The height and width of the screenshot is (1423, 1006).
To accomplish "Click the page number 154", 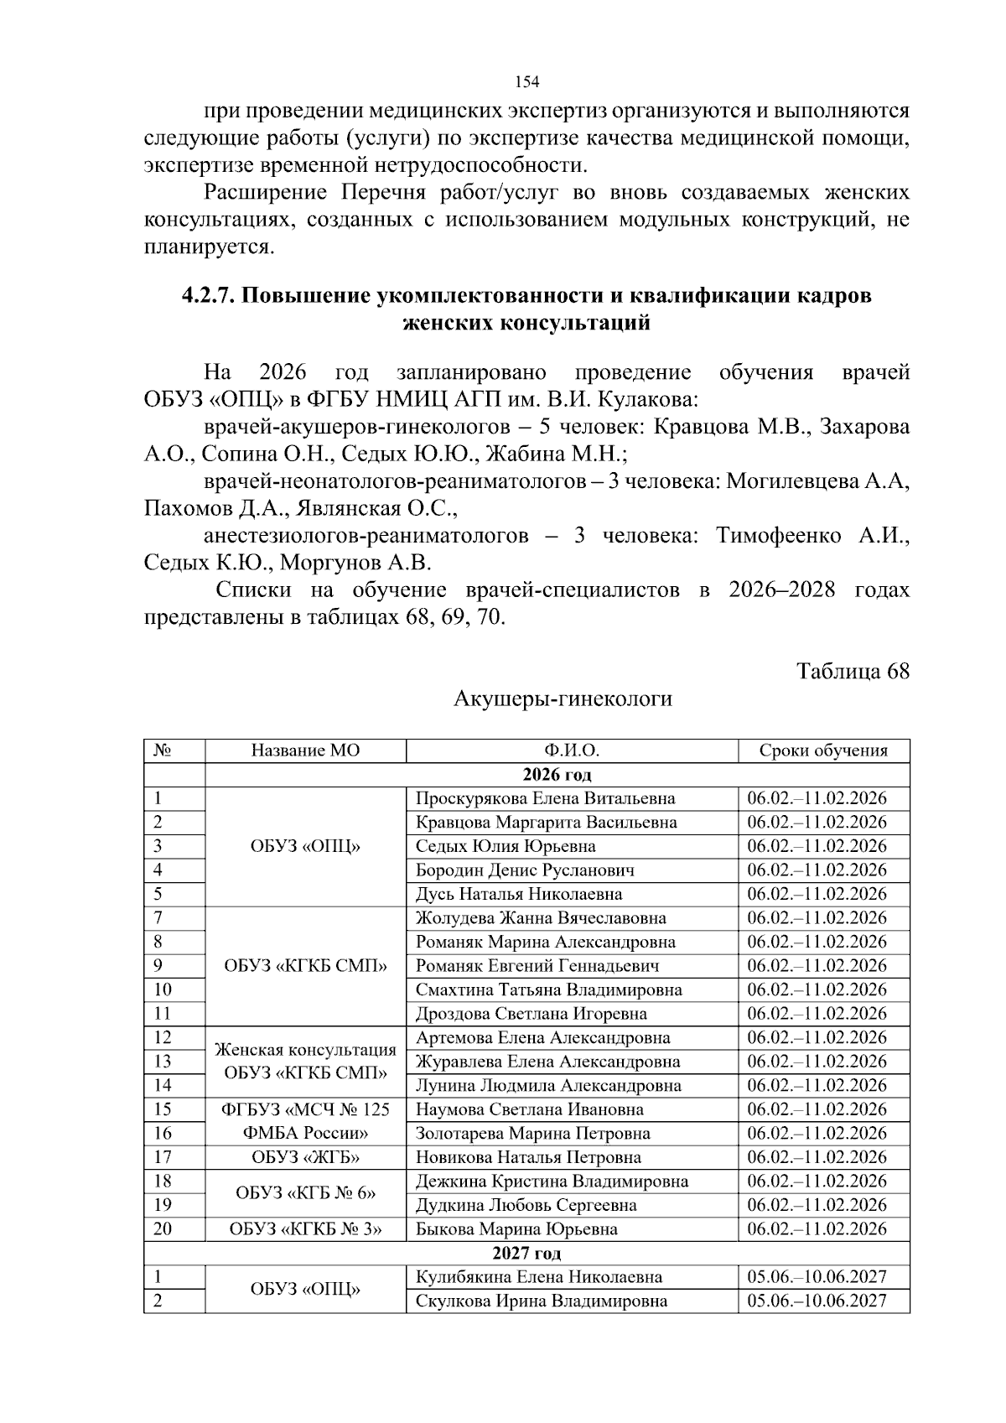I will [526, 82].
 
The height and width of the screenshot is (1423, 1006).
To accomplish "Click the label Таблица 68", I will [853, 672].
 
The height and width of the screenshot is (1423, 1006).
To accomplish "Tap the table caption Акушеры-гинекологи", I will [563, 699].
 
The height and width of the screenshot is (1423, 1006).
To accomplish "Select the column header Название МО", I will [305, 750].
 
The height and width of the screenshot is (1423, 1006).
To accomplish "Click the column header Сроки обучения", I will [822, 750].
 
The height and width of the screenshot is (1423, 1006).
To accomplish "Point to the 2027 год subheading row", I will [526, 1254].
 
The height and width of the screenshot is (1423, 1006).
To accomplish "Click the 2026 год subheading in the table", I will [557, 774].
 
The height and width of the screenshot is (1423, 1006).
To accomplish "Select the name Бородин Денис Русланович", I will [525, 870].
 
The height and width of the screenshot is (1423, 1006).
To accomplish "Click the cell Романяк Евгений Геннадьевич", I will [537, 966].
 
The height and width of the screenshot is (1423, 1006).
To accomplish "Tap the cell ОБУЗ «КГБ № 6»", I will [305, 1193].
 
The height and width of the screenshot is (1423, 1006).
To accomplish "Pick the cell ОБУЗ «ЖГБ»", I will [305, 1158].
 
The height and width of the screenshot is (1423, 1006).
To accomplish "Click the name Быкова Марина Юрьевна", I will [516, 1230].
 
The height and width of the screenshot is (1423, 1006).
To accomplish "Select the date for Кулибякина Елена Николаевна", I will [817, 1278].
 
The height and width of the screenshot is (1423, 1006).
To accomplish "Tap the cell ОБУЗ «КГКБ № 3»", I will [305, 1230].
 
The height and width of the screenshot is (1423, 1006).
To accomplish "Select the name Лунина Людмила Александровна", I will [548, 1086].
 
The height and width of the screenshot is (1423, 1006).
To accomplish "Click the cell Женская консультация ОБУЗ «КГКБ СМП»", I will [305, 1062].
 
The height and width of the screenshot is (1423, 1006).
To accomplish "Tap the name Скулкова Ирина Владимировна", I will [542, 1301].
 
